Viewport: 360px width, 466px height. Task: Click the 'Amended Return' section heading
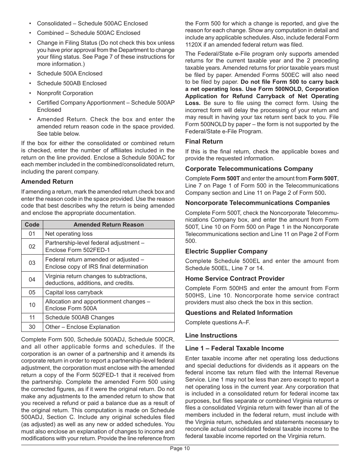coord(47,182)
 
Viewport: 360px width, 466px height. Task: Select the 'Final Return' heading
coord(204,142)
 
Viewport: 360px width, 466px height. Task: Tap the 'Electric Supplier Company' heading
coord(226,252)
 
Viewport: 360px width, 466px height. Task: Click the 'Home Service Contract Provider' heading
coord(235,279)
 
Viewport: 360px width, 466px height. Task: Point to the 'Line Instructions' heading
coord(211,336)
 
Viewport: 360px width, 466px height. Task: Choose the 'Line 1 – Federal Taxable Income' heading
coord(234,349)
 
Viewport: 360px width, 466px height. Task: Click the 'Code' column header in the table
coord(32,225)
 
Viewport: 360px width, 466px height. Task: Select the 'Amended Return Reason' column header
coord(108,225)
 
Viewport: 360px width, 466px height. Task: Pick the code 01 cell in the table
coord(32,234)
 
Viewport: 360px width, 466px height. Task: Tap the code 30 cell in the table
coord(32,327)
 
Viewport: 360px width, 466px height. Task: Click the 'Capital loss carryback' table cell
coord(74,292)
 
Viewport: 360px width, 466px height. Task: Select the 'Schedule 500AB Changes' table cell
coord(80,318)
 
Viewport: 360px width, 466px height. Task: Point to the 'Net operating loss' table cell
coord(69,234)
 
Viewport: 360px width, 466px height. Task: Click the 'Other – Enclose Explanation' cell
coord(82,327)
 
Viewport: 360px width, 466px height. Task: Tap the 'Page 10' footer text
coord(180,449)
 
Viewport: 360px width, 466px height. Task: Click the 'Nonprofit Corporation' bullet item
coord(65,93)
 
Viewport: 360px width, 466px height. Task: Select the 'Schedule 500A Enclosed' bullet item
coord(69,73)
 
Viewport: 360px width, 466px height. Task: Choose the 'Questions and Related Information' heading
coord(239,313)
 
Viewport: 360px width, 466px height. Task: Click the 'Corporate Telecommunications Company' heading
coord(249,169)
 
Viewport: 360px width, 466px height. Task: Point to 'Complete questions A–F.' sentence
coord(218,323)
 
